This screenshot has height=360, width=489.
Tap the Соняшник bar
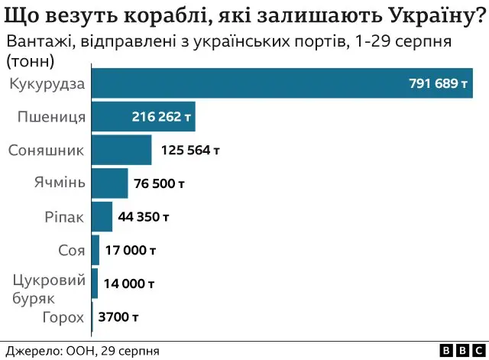121,150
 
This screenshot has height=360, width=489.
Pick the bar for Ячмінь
109,183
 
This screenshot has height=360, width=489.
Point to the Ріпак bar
102,216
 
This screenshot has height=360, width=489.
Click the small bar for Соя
95,250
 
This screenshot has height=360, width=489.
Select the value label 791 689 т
438,84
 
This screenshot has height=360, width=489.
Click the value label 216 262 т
160,118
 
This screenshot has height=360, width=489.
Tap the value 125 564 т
190,151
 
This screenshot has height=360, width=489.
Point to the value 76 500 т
160,183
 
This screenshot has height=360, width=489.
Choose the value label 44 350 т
144,217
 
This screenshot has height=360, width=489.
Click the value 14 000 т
129,284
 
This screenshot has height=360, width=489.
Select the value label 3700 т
118,316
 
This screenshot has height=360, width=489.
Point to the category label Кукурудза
46,83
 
